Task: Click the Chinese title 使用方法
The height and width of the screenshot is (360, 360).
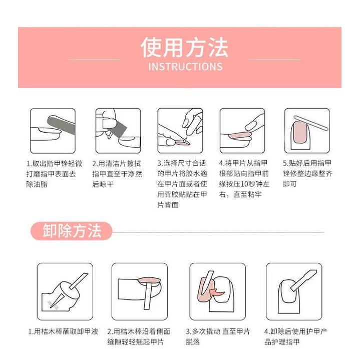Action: [x=184, y=48]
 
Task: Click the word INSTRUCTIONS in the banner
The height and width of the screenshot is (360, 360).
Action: [x=185, y=66]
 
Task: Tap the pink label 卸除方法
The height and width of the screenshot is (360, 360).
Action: [x=72, y=231]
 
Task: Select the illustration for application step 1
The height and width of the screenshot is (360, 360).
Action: [x=53, y=131]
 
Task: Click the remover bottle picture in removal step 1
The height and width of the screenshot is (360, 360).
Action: [x=65, y=291]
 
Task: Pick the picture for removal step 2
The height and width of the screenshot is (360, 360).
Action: [x=139, y=291]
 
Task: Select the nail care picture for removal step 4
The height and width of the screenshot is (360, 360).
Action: [x=292, y=291]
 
